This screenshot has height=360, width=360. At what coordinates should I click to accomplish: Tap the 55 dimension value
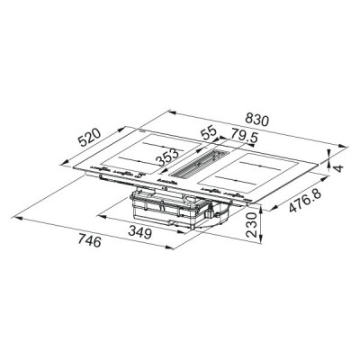point(208,132)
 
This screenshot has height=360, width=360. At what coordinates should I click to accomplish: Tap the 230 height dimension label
point(255,219)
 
